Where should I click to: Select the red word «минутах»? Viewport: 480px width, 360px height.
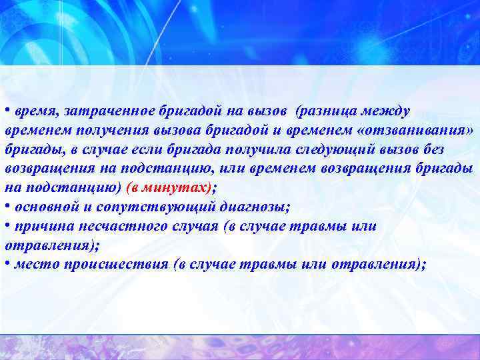click(x=179, y=187)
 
